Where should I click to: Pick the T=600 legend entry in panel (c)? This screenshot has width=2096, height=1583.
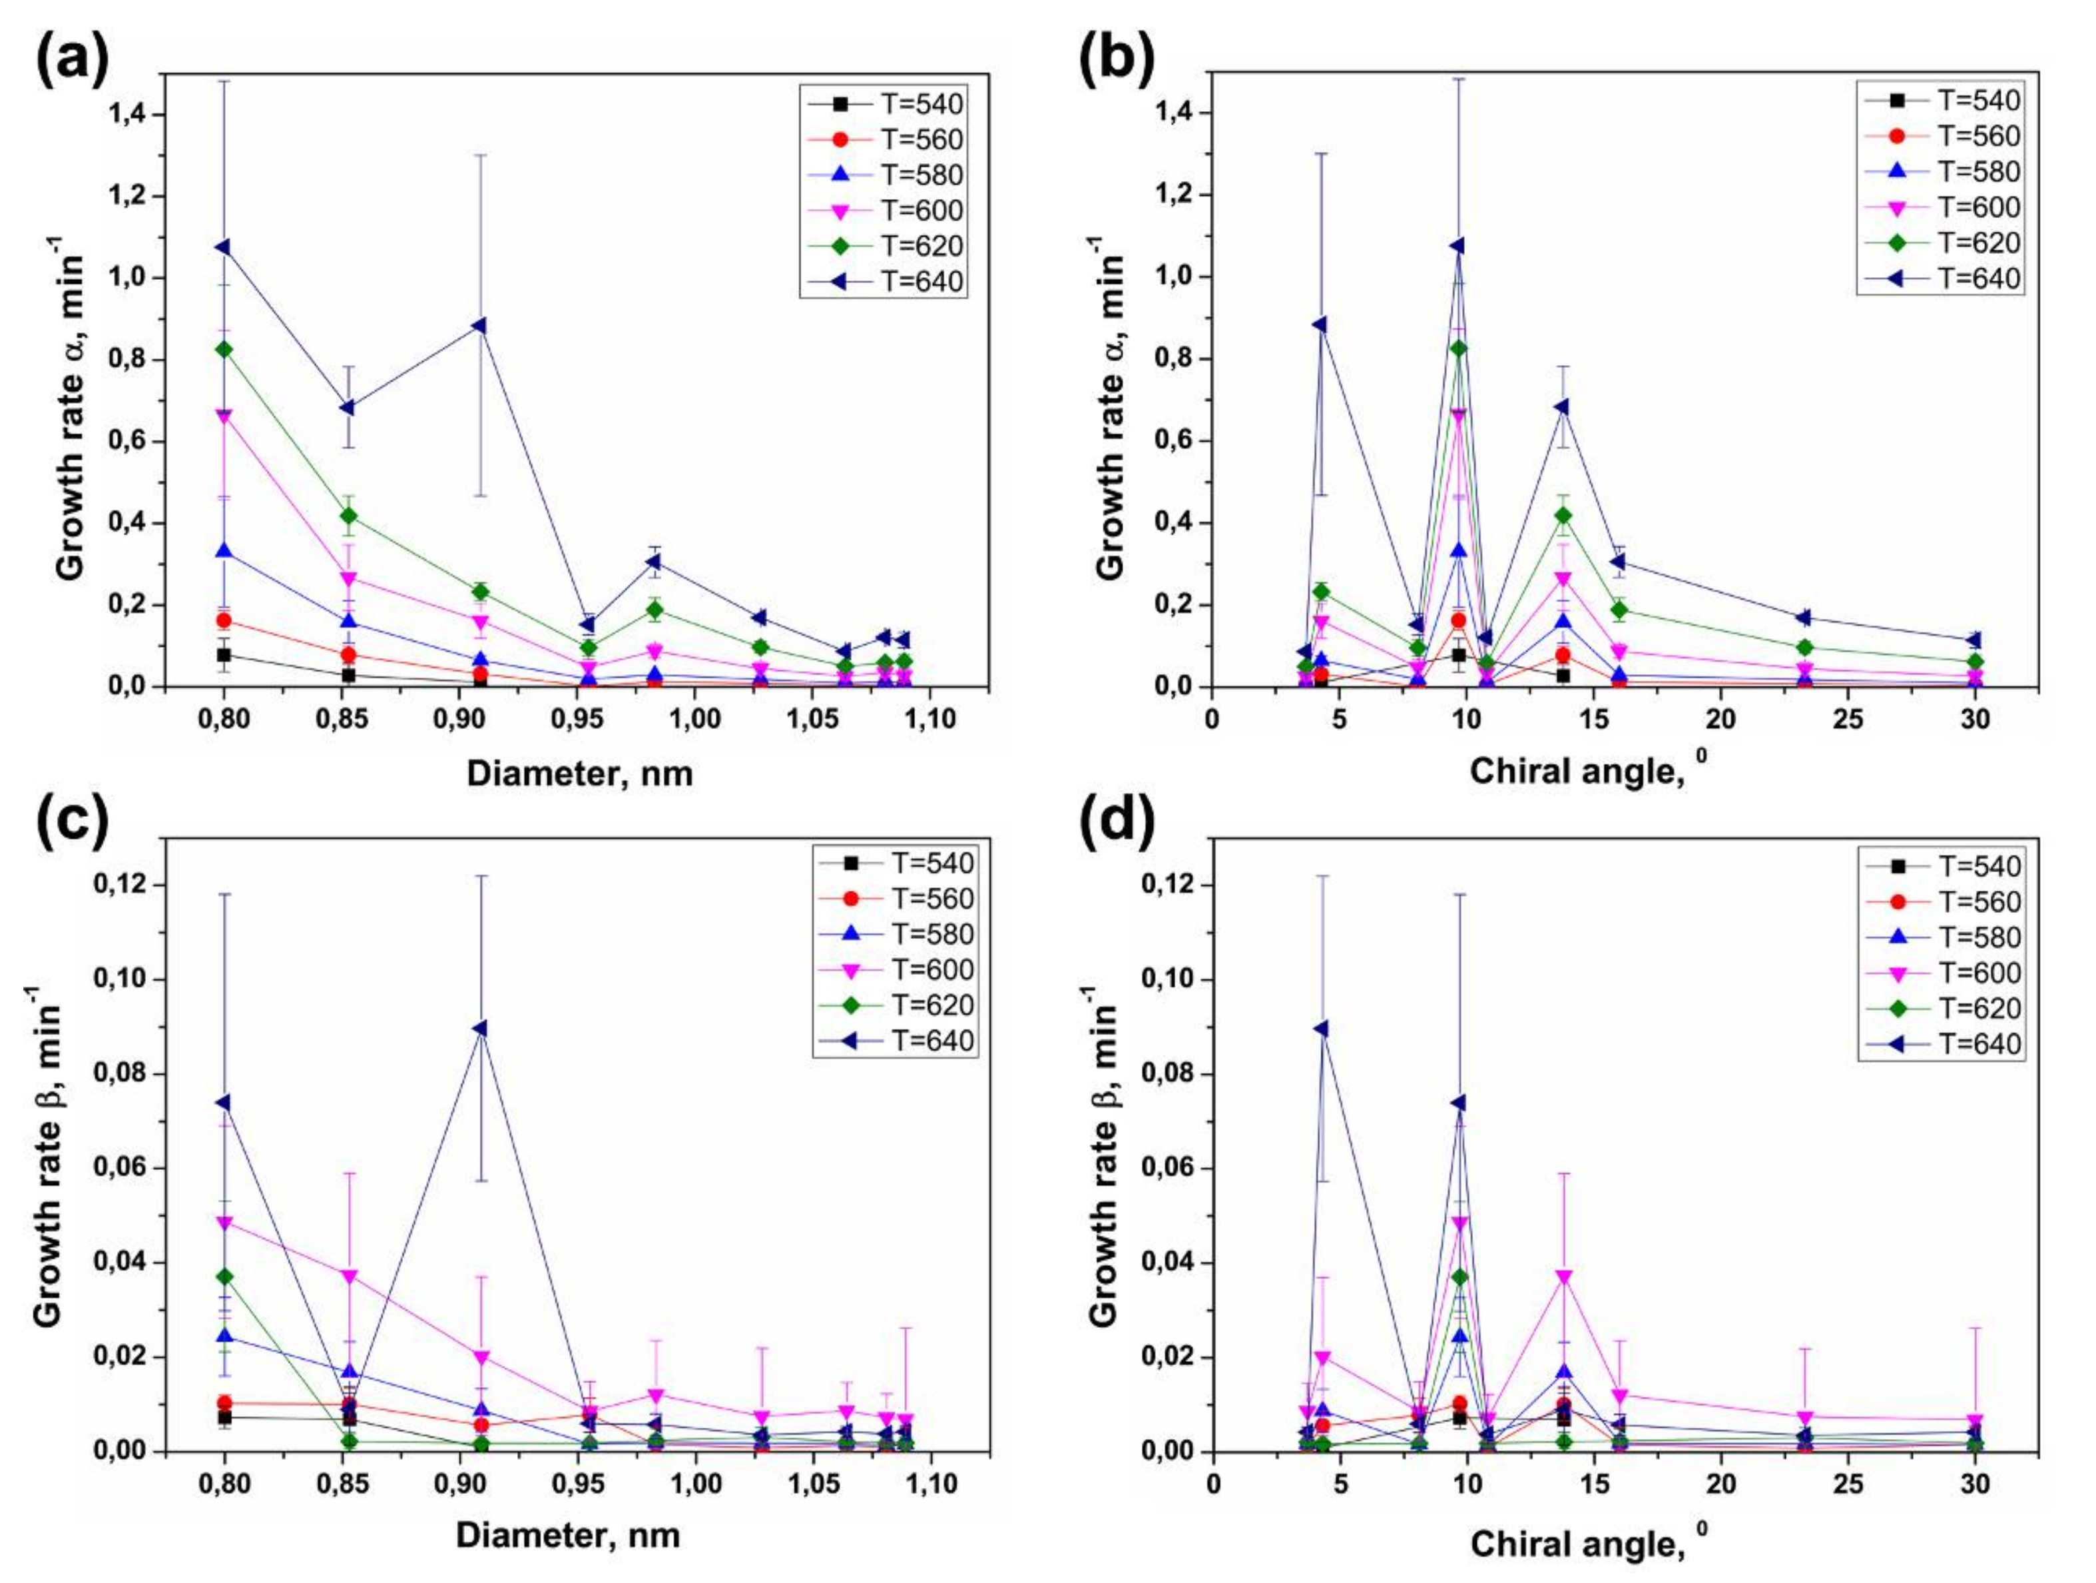[894, 969]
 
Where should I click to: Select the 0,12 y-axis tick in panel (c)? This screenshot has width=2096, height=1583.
[123, 885]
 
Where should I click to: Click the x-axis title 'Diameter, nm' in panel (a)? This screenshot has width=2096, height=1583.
[580, 774]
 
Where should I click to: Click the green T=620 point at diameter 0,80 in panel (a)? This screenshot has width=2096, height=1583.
[224, 349]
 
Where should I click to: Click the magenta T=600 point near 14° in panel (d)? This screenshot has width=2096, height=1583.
[1563, 1277]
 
